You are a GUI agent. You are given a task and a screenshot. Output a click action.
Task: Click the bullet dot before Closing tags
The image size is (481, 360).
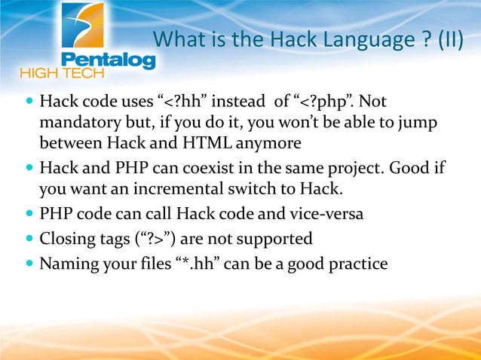tap(29, 239)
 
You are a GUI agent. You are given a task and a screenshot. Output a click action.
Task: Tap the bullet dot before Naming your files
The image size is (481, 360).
tap(29, 265)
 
